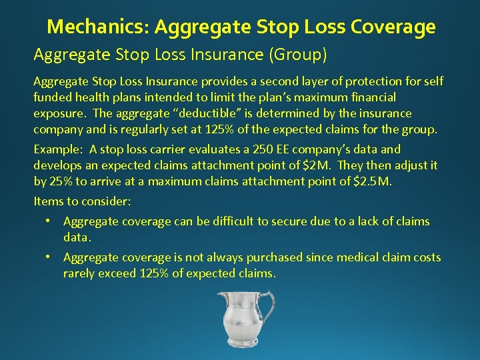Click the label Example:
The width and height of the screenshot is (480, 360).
tap(59, 149)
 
